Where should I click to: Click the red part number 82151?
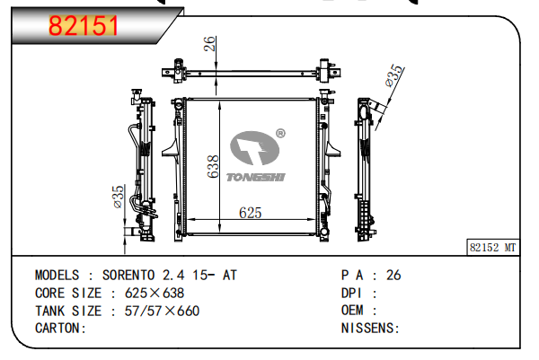[84, 26]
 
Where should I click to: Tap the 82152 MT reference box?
[493, 247]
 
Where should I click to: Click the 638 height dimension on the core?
[213, 167]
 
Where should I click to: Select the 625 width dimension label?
[251, 213]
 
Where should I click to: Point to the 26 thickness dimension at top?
[209, 44]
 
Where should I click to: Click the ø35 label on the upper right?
[394, 75]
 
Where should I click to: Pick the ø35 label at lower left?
[118, 197]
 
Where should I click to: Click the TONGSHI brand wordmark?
[256, 177]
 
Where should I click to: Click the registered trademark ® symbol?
[280, 133]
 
